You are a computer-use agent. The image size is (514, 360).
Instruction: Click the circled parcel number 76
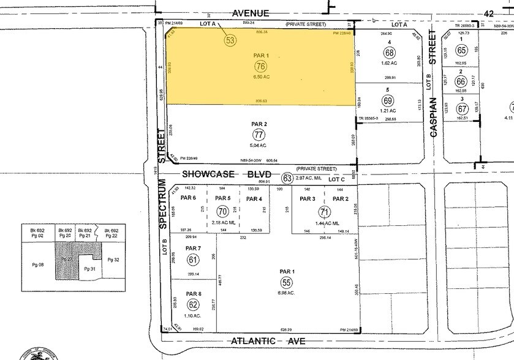click(260, 66)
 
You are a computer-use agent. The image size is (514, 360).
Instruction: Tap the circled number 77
click(260, 135)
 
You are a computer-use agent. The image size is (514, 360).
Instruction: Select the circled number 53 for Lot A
click(230, 40)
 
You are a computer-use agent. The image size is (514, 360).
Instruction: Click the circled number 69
click(388, 100)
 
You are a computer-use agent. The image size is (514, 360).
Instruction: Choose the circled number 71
click(323, 211)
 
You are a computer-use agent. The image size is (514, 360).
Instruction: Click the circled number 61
click(193, 260)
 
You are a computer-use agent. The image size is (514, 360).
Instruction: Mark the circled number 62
click(194, 304)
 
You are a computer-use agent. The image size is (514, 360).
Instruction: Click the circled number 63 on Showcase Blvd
click(287, 178)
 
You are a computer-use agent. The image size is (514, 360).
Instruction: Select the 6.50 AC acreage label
click(260, 78)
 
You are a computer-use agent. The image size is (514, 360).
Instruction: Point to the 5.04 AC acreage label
click(260, 146)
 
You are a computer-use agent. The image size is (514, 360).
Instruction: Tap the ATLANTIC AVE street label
click(267, 341)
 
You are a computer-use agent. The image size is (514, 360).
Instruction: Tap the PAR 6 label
click(190, 198)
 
